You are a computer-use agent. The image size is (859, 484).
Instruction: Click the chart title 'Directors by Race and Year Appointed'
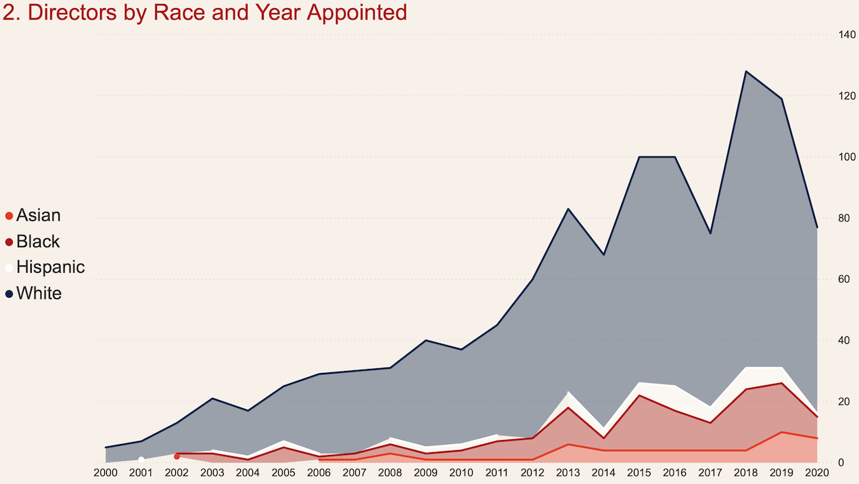205,12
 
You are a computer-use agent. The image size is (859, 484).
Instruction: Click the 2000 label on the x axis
106,472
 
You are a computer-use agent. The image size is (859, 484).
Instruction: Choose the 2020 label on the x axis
817,472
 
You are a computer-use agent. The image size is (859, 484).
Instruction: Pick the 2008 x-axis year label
390,472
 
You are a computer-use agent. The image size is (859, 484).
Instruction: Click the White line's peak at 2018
746,71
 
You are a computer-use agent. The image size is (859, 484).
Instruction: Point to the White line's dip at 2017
710,234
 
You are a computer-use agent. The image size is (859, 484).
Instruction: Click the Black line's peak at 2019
782,383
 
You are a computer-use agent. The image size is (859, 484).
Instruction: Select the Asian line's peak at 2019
782,432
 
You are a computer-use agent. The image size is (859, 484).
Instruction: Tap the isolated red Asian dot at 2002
177,456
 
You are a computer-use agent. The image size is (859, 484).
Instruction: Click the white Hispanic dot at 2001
141,460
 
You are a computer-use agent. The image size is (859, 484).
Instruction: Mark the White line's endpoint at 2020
817,227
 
